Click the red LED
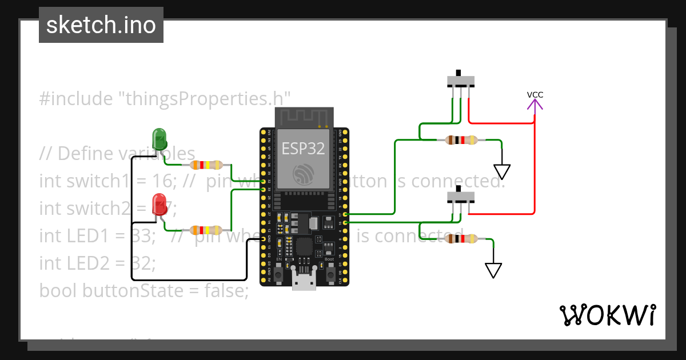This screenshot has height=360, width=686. (159, 205)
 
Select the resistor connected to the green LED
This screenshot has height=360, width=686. (206, 165)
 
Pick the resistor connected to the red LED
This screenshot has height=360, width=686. (206, 230)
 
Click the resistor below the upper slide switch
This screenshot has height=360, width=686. (461, 140)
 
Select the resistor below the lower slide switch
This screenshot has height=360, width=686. (461, 238)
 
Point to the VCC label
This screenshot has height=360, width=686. (535, 94)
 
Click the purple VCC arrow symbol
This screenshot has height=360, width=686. (535, 105)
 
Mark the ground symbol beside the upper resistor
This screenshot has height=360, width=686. (502, 171)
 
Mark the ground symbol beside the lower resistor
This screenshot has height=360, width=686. (493, 270)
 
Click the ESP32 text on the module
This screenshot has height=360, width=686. (303, 149)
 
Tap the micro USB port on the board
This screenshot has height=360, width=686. (304, 281)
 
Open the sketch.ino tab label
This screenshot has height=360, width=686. (101, 25)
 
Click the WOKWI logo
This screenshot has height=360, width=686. (607, 315)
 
